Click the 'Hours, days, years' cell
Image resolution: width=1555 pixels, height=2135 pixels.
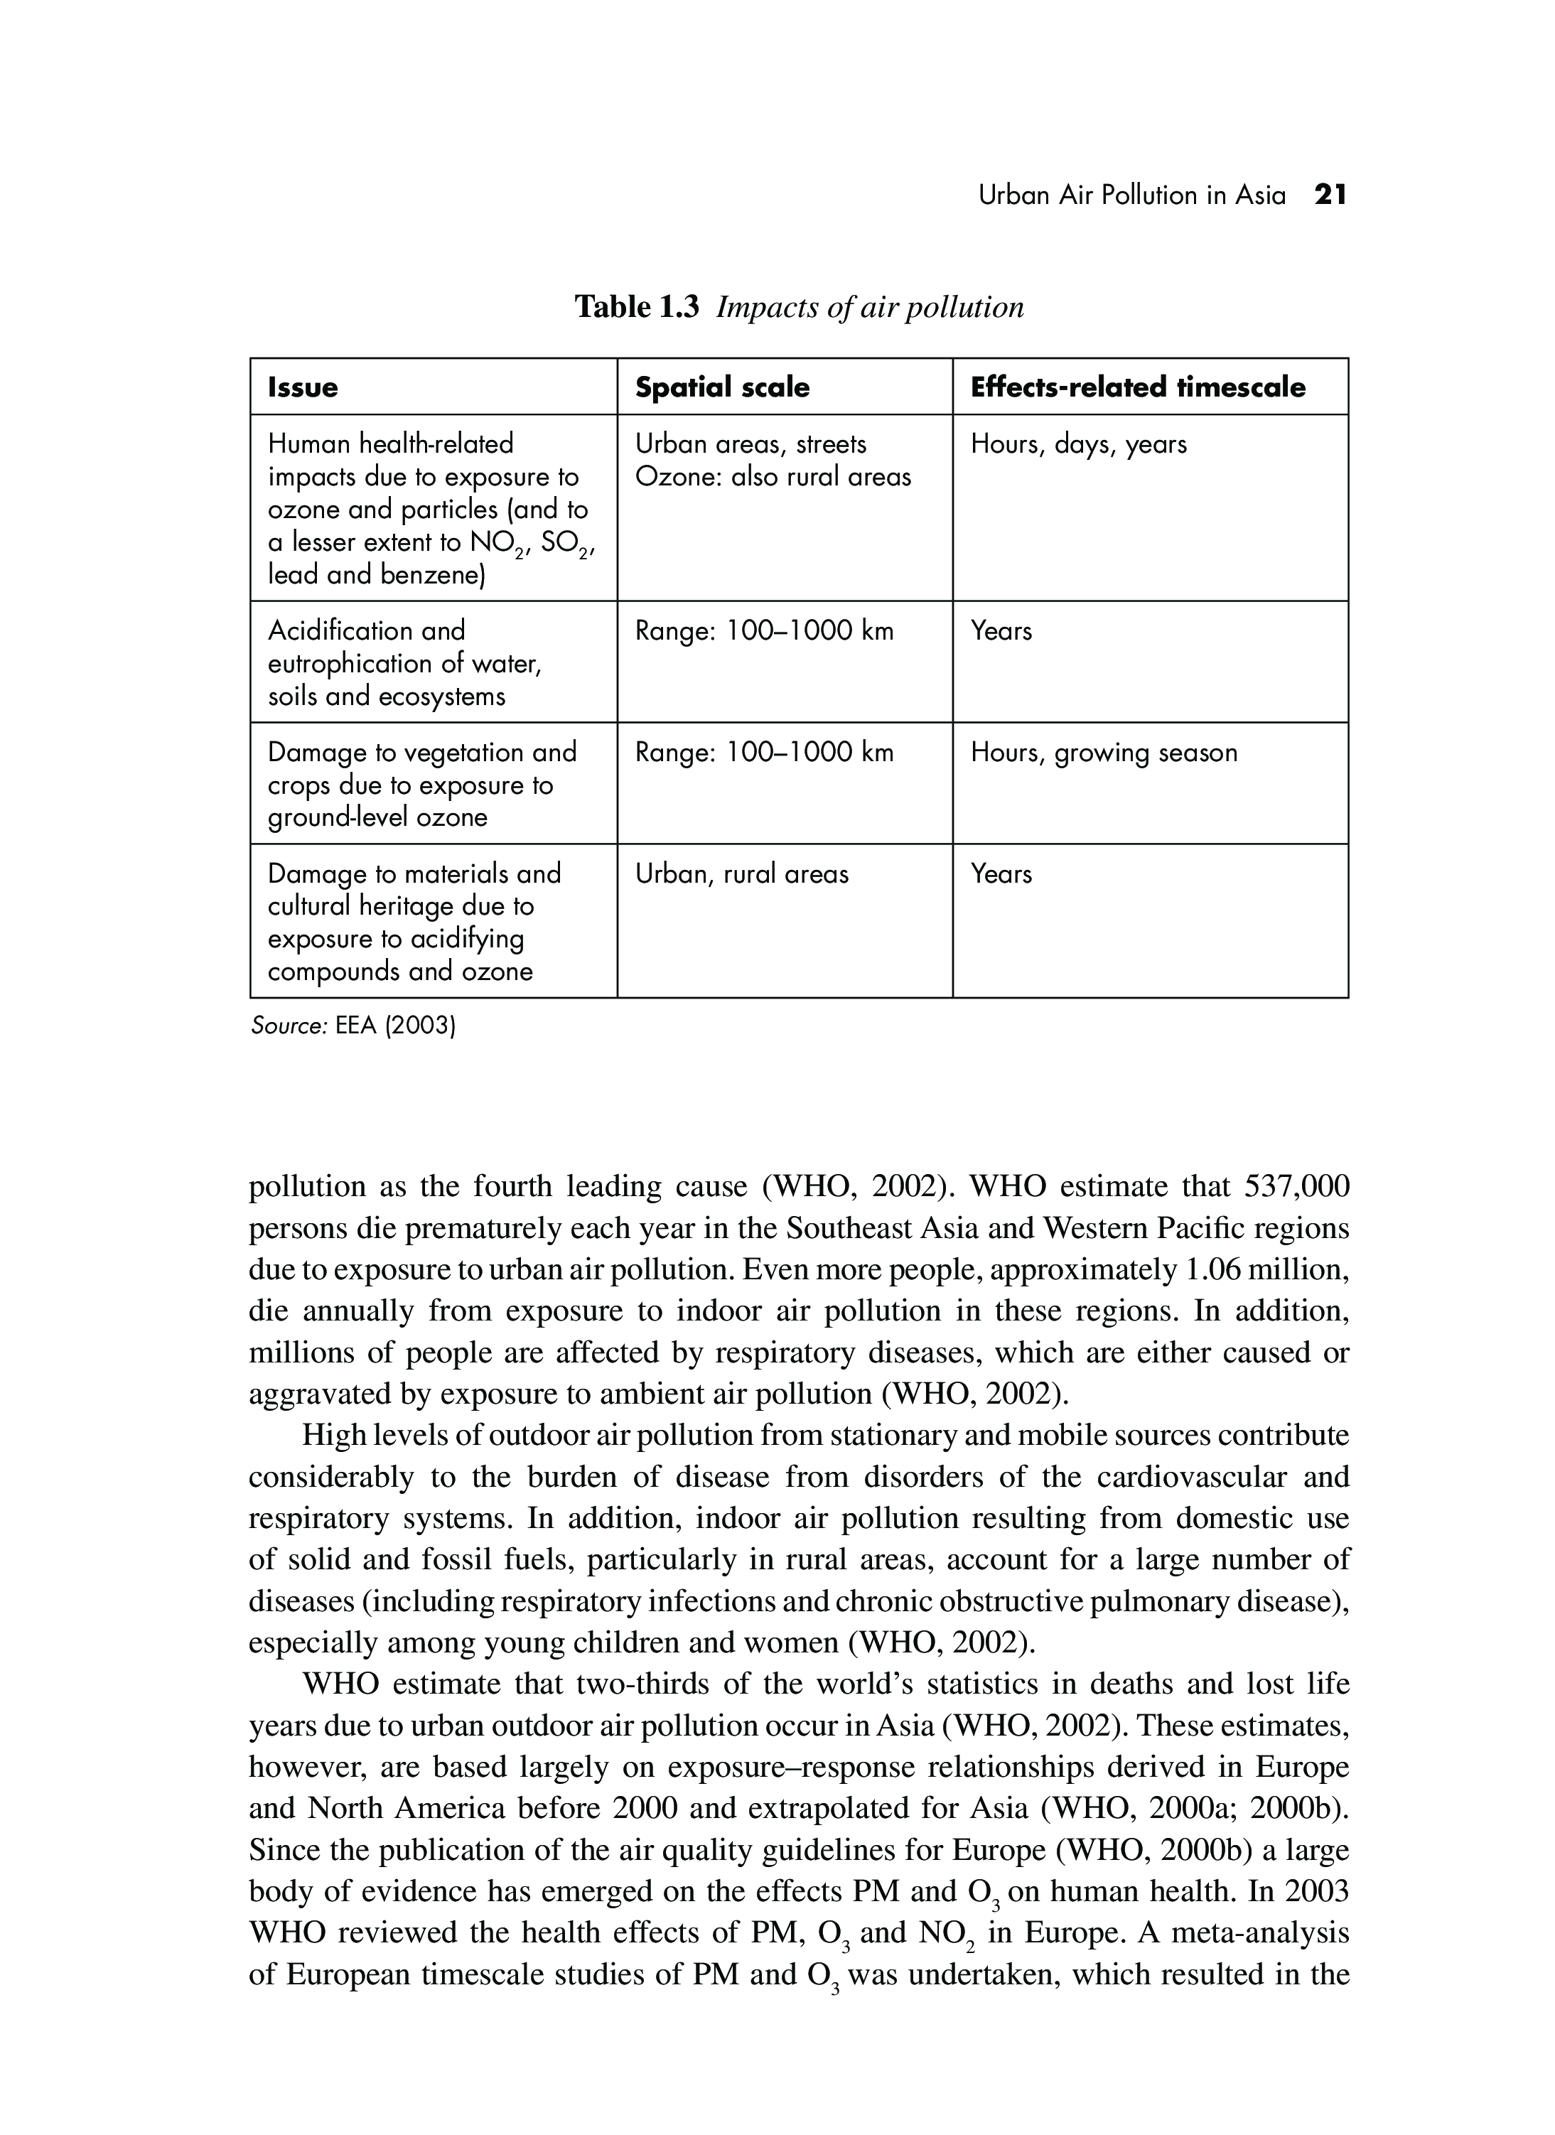click(1079, 444)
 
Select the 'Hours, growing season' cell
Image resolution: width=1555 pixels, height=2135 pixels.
click(1103, 753)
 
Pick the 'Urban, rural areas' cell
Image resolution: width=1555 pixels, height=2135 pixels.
click(742, 874)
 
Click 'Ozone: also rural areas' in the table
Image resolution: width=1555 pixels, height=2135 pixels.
click(773, 478)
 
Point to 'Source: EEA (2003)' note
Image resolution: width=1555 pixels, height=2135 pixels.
click(353, 1026)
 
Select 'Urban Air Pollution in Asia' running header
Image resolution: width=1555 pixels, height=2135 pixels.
click(1131, 195)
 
